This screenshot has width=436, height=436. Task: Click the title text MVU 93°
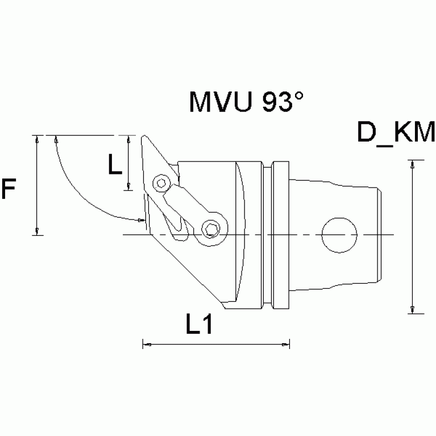[246, 102]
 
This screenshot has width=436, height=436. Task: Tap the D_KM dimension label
[396, 133]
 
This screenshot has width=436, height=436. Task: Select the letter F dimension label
[9, 189]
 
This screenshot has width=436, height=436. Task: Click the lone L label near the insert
[115, 165]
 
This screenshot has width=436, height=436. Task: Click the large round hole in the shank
[339, 234]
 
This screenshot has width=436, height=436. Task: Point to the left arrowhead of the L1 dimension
[146, 344]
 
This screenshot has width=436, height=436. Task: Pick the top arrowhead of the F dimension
[37, 139]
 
